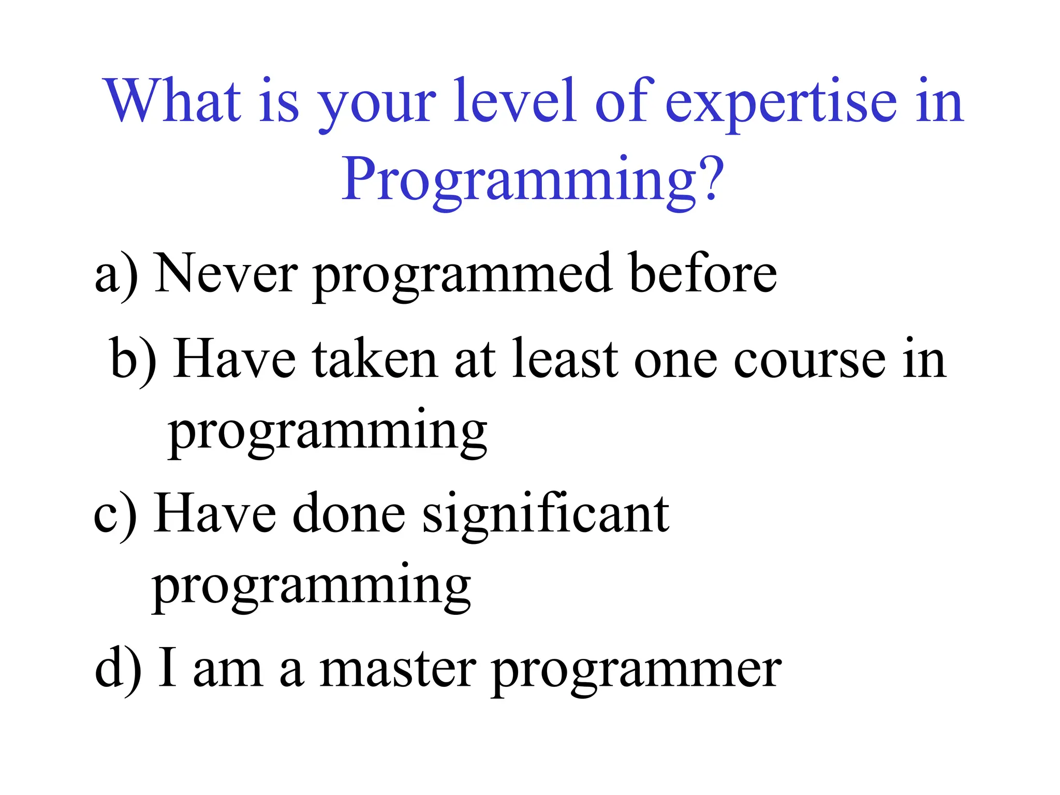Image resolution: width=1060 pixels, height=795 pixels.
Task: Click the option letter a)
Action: click(x=117, y=274)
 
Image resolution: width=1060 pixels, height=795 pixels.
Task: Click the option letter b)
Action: click(x=133, y=360)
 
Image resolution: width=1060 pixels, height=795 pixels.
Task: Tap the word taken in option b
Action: click(x=375, y=360)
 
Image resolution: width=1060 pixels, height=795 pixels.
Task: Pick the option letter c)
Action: click(x=115, y=515)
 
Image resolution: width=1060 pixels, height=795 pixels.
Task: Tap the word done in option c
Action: click(x=349, y=515)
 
